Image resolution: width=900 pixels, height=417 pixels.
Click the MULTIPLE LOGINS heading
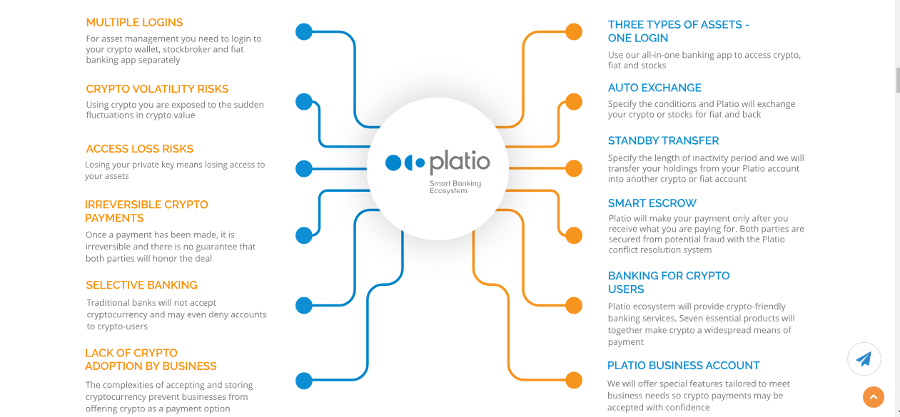[x=134, y=23]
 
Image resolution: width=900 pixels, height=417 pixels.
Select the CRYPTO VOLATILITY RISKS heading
[x=157, y=88]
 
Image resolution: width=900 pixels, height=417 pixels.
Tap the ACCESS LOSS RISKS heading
[x=139, y=149]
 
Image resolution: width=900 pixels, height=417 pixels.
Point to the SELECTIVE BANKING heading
[x=141, y=285]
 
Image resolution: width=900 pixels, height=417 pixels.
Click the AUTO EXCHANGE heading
[x=654, y=88]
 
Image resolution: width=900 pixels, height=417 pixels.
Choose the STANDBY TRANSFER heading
[x=663, y=141]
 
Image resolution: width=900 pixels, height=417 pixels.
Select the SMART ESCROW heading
[x=652, y=203]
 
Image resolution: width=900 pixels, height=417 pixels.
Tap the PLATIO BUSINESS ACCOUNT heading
[x=684, y=366]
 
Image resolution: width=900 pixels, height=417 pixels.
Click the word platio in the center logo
[x=460, y=162]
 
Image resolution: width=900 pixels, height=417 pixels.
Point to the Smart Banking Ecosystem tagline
[x=455, y=187]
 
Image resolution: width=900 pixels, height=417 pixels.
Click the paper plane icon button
[x=864, y=359]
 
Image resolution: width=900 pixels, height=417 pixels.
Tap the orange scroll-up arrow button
[x=874, y=397]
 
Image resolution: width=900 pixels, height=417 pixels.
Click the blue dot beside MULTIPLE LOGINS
[x=304, y=31]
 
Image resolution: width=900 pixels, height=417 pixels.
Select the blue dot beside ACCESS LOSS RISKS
[x=304, y=168]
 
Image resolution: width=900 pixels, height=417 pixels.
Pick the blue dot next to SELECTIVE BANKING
[x=304, y=305]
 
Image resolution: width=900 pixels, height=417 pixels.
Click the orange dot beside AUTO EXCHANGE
[x=574, y=101]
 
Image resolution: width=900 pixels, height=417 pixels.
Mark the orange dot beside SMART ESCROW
[x=574, y=235]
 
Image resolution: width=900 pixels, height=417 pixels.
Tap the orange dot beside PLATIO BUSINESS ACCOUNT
[x=574, y=381]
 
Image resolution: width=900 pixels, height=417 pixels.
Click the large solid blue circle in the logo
[x=393, y=163]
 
